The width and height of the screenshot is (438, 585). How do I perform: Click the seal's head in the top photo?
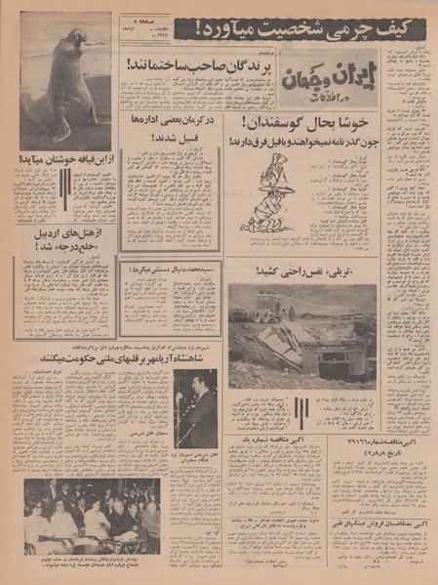(x=74, y=41)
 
